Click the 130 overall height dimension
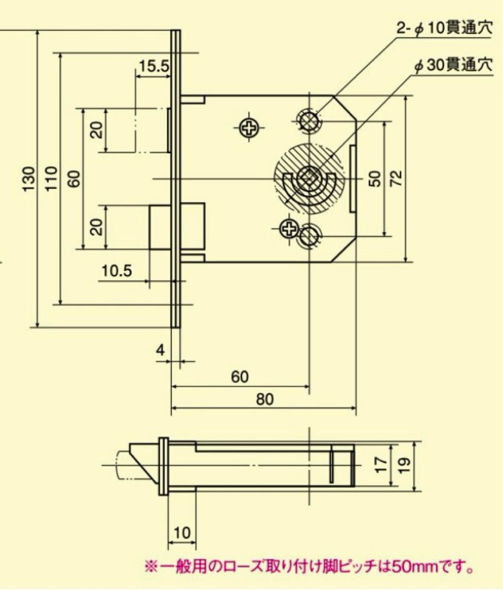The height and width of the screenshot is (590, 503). click(x=29, y=179)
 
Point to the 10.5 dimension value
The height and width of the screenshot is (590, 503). click(x=117, y=271)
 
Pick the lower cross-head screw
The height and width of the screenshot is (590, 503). click(x=288, y=228)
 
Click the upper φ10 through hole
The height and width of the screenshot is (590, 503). click(x=308, y=119)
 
